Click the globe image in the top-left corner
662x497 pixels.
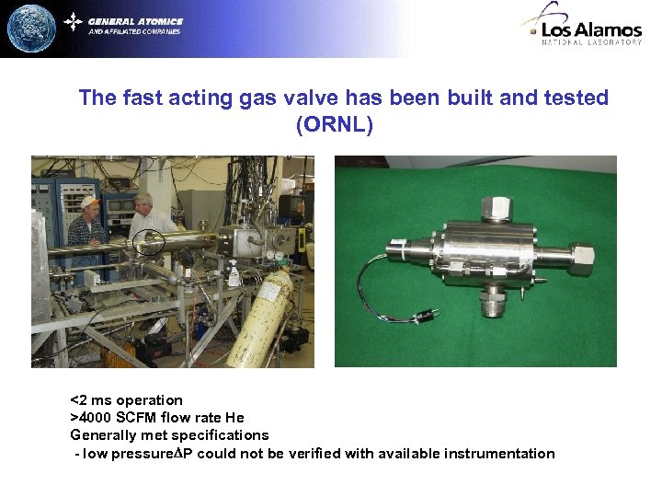pos(31,29)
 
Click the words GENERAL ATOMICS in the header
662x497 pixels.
pos(135,21)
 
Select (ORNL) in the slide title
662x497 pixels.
pos(335,124)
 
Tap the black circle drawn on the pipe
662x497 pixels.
pos(148,242)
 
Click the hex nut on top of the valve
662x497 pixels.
pos(496,206)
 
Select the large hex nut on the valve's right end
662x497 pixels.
pos(583,260)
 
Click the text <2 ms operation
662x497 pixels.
pos(127,400)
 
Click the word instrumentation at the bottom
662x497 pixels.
pos(499,454)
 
